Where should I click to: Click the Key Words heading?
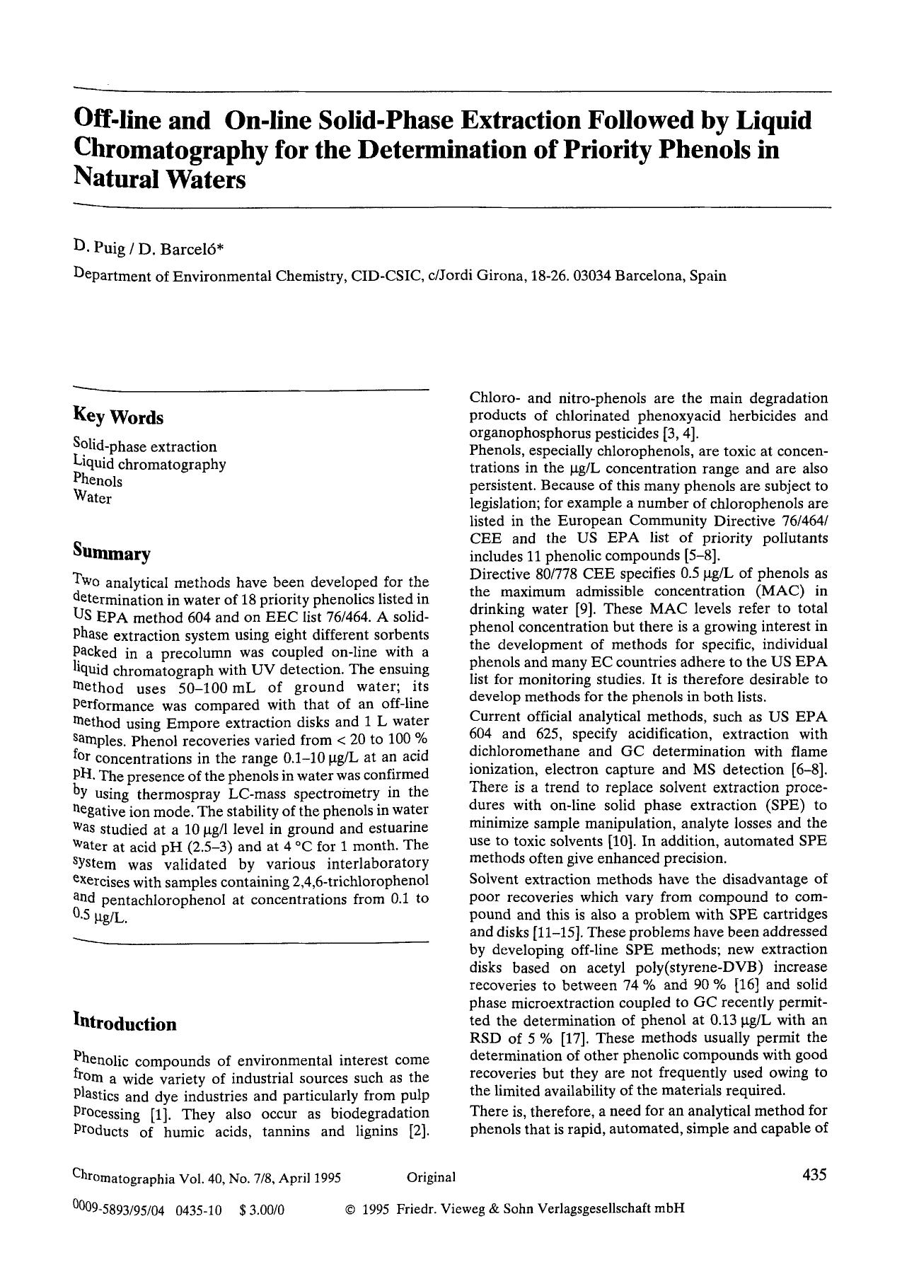pos(118,417)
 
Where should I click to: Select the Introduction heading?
pos(125,1024)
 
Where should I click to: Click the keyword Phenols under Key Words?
pos(98,481)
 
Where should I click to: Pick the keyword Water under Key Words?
pos(92,498)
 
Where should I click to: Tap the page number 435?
pos(814,1176)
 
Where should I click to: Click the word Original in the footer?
pos(431,1177)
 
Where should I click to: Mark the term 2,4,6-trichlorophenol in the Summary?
pos(359,881)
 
